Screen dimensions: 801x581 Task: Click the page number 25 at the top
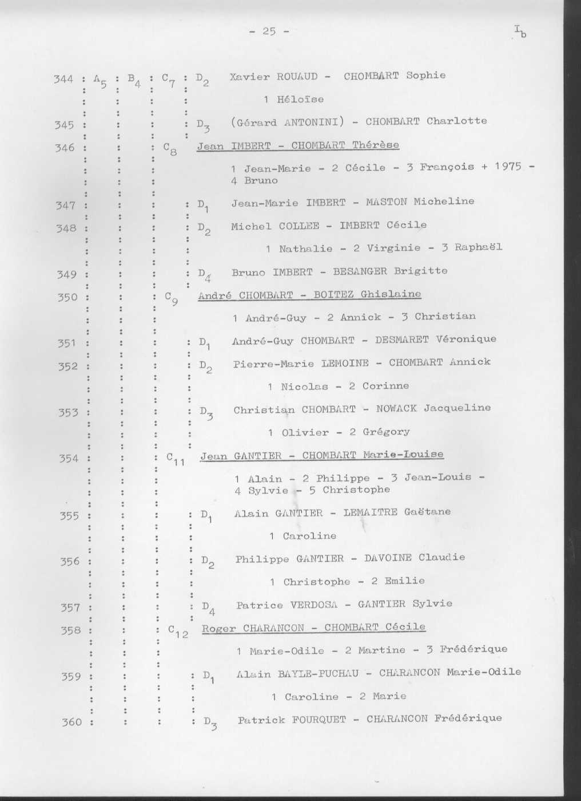click(269, 31)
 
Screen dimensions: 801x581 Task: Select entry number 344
click(63, 79)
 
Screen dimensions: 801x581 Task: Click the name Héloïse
click(300, 100)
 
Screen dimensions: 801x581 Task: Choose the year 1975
click(508, 167)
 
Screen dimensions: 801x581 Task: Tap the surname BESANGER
click(363, 271)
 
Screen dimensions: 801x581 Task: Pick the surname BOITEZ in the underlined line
click(333, 295)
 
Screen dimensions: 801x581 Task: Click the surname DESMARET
click(401, 340)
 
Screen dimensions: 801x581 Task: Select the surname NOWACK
click(396, 409)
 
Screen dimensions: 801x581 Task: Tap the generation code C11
click(174, 459)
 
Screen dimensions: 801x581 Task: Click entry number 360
click(71, 722)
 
